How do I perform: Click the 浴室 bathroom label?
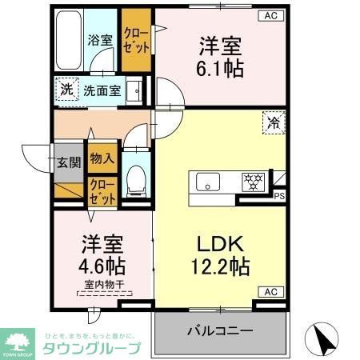99,39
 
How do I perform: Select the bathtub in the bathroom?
70,40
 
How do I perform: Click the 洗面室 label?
104,90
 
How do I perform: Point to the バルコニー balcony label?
221,330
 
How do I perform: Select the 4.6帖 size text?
100,264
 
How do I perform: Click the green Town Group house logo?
18,340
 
